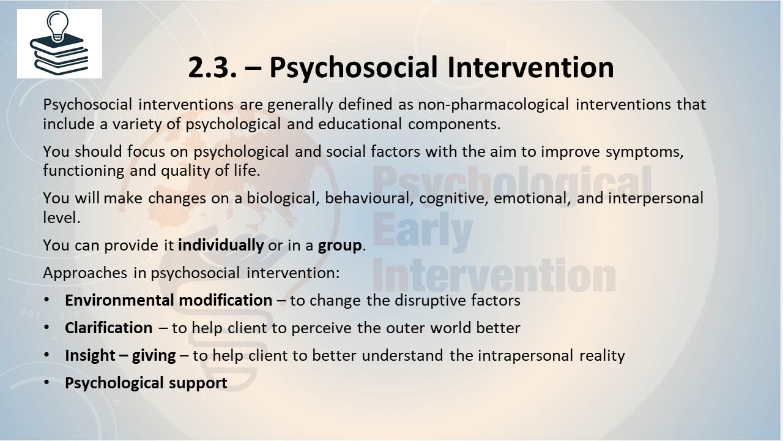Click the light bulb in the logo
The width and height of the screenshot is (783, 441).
click(58, 26)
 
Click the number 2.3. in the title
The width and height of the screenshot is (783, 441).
click(212, 67)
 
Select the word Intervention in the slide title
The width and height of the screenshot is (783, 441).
click(530, 67)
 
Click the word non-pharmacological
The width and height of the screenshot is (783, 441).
click(494, 105)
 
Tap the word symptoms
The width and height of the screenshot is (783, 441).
click(644, 152)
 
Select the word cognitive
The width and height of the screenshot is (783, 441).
click(453, 199)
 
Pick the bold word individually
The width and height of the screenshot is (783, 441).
click(221, 245)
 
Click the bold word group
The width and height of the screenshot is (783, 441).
click(340, 246)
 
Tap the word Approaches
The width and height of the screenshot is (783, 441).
click(85, 273)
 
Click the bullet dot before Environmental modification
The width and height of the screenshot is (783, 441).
click(47, 300)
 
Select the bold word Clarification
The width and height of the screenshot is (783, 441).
click(109, 328)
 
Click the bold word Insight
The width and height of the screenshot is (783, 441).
click(90, 356)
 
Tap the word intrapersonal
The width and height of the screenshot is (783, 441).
click(525, 356)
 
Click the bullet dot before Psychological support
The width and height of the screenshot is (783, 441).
click(47, 382)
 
